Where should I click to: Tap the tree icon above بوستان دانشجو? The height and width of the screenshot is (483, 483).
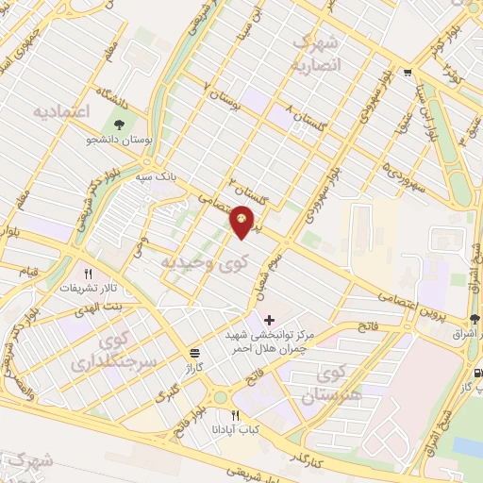pyautogui.click(x=119, y=124)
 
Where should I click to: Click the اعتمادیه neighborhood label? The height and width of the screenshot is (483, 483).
pyautogui.click(x=61, y=112)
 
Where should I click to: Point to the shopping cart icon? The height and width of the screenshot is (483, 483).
pyautogui.click(x=407, y=72)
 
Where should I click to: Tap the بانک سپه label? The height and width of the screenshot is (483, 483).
pyautogui.click(x=157, y=176)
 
